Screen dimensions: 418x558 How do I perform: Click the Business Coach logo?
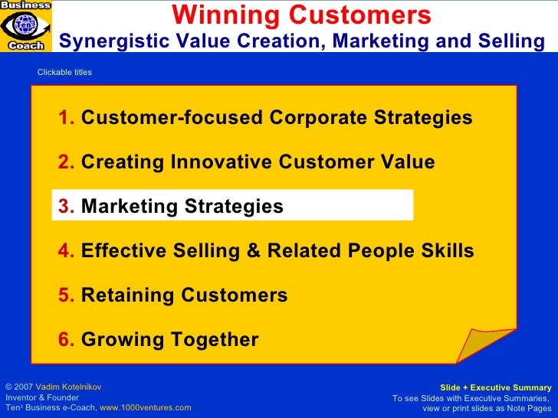click(26, 25)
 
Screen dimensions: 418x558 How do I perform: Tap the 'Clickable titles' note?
click(64, 73)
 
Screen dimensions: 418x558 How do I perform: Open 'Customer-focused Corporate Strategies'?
click(276, 119)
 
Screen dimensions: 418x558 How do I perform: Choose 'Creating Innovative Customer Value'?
click(258, 162)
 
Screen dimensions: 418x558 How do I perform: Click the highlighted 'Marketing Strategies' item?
click(182, 207)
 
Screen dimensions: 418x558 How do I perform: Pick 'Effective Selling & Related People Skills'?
click(277, 251)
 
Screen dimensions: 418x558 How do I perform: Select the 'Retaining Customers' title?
click(184, 296)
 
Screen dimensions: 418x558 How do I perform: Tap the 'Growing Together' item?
click(169, 340)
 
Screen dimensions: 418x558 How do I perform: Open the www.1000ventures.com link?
click(146, 408)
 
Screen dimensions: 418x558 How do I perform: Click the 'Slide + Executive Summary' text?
click(495, 388)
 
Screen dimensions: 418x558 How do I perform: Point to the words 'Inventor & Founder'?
click(41, 398)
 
